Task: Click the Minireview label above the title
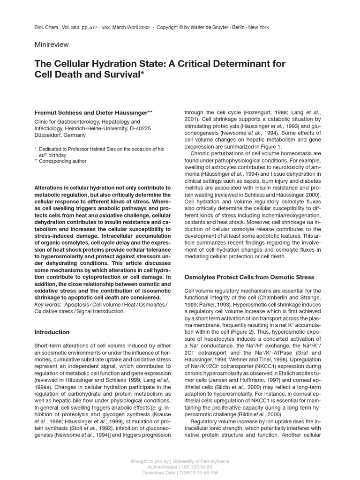pyautogui.click(x=52, y=45)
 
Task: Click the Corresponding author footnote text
pyautogui.click(x=63, y=161)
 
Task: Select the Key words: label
pyautogui.click(x=48, y=305)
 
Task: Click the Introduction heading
pyautogui.click(x=52, y=332)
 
